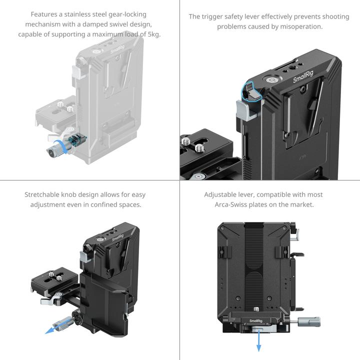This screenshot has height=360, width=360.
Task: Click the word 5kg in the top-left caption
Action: pos(153,34)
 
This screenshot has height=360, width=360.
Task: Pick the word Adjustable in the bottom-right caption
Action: pos(221,194)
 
